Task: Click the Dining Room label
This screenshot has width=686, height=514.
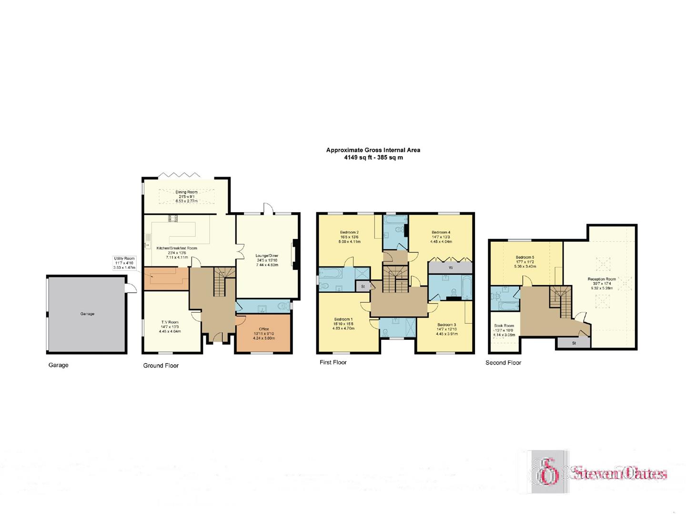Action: coord(186,192)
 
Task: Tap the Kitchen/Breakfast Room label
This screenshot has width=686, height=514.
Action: coord(177,248)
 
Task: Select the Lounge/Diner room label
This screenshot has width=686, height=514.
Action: coord(267,256)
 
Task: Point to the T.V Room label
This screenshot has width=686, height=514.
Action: coord(170,322)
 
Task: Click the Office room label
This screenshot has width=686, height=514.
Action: coord(264,329)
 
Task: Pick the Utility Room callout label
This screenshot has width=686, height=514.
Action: coord(124,258)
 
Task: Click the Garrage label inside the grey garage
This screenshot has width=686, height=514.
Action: coord(87,314)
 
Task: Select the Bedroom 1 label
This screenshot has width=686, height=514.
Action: coord(343,319)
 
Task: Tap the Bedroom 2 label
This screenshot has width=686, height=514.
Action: coord(349,232)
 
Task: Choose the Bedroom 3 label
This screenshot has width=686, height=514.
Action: coord(447,325)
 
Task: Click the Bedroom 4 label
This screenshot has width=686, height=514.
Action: coord(441,232)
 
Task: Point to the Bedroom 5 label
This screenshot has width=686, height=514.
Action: coord(525,257)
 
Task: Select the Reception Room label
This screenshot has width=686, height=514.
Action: coord(602,279)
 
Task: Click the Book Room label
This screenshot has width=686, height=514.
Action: coord(504,326)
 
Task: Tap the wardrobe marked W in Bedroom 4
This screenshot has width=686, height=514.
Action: coord(451,267)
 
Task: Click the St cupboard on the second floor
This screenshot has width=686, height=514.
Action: coord(574,343)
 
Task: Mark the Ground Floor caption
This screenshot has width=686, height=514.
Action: coord(161,366)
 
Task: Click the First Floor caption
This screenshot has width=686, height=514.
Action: coord(333,362)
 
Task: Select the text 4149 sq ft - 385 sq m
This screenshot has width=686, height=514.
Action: coord(371,158)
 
